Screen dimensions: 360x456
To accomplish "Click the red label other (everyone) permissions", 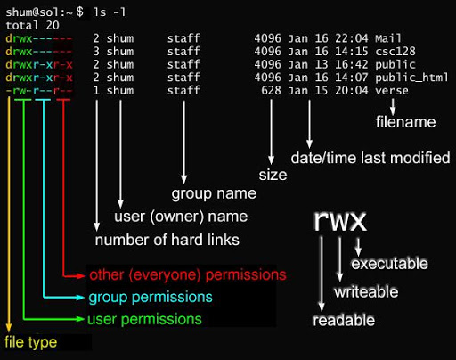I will click(x=188, y=274).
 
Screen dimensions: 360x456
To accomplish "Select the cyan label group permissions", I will click(x=150, y=297).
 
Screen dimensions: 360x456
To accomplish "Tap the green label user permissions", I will click(x=143, y=319).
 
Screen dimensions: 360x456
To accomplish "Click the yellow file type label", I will click(x=30, y=342).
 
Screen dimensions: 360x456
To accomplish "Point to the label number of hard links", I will click(x=167, y=241).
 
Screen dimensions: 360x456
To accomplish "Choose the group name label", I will click(x=214, y=193).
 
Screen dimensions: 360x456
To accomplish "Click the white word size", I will click(x=273, y=175).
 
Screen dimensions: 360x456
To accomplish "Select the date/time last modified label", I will click(x=370, y=159).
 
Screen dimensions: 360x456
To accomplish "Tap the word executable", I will click(x=389, y=265).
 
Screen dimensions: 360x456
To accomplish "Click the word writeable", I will click(x=367, y=292).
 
